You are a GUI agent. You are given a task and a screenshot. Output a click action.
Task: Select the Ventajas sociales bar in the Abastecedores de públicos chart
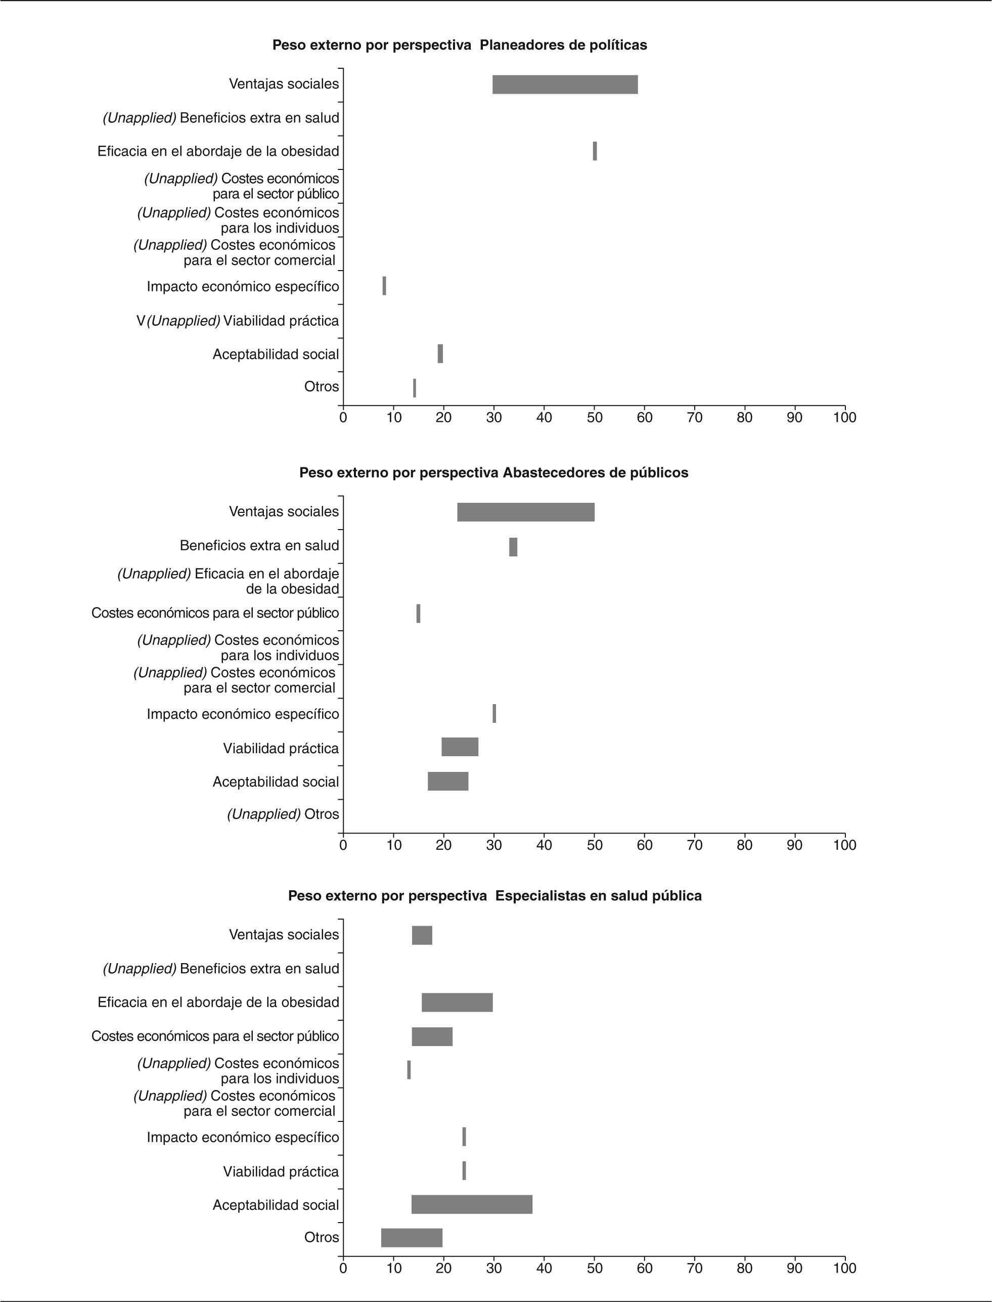click(x=525, y=512)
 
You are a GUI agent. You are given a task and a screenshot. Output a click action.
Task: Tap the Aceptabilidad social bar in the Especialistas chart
click(x=472, y=1204)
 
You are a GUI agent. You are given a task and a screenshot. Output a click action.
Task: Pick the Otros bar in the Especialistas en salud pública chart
click(x=412, y=1238)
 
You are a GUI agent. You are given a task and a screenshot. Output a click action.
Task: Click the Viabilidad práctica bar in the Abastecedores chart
click(x=460, y=747)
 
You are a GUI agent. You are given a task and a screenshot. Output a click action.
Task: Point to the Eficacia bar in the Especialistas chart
click(x=457, y=1003)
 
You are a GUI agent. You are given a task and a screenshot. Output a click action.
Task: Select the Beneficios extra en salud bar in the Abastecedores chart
click(x=513, y=547)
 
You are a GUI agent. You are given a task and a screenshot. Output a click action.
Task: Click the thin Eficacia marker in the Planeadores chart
click(x=595, y=151)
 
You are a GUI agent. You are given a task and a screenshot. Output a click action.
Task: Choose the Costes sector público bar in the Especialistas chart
click(x=432, y=1037)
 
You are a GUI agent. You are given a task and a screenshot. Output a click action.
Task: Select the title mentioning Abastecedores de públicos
click(x=493, y=472)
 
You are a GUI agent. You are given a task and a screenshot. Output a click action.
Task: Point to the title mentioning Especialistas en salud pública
click(x=495, y=896)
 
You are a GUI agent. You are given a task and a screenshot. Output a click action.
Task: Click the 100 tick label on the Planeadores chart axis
click(x=844, y=418)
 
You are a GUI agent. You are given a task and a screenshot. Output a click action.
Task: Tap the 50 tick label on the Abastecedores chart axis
click(x=594, y=845)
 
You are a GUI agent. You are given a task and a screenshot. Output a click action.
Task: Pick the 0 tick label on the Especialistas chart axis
click(x=343, y=1268)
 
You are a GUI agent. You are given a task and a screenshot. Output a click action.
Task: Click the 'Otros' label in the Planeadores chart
click(x=321, y=387)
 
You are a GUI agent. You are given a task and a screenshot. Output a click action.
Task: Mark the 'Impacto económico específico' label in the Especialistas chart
click(x=243, y=1137)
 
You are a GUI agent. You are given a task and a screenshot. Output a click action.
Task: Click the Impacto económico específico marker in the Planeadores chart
click(x=384, y=286)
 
